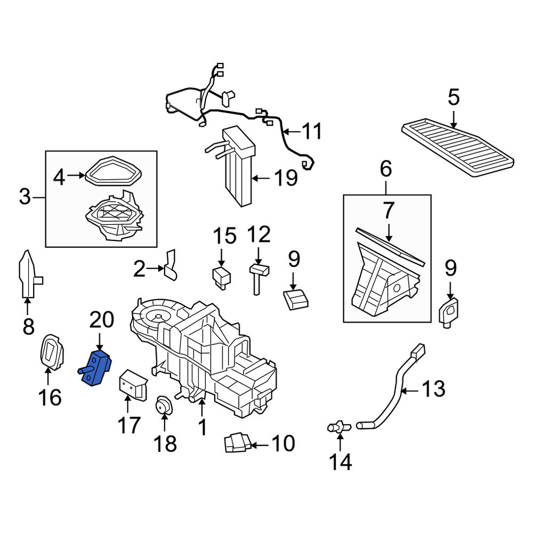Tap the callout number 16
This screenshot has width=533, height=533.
[50, 398]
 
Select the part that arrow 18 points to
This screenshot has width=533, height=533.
[164, 405]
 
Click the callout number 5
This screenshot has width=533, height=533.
[454, 97]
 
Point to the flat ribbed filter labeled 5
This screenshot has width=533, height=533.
[457, 147]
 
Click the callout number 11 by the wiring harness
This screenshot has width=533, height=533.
[312, 131]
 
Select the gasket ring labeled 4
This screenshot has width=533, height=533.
[113, 171]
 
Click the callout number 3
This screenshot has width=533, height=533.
[25, 197]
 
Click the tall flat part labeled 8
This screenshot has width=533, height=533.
[29, 274]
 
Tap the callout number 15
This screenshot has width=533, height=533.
[225, 236]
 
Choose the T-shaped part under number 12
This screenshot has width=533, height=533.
[259, 277]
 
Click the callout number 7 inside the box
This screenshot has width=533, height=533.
[388, 210]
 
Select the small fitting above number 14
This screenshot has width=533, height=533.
[339, 427]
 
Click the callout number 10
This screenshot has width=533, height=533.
[283, 443]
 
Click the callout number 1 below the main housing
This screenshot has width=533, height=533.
[202, 427]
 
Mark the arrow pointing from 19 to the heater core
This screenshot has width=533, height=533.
[261, 177]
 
